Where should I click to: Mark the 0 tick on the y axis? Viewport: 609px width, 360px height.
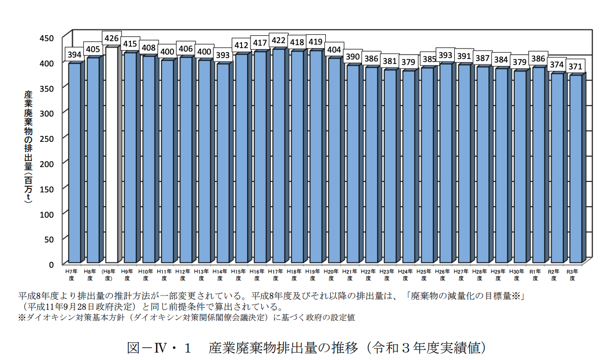tap(52, 264)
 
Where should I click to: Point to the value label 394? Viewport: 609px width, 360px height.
tap(74, 55)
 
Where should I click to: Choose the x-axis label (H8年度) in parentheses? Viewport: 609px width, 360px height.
tap(112, 275)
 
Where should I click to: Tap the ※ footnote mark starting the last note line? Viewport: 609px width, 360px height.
tap(21, 317)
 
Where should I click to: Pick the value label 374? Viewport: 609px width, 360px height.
tap(557, 65)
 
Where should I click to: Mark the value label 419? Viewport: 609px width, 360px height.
tap(316, 42)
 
